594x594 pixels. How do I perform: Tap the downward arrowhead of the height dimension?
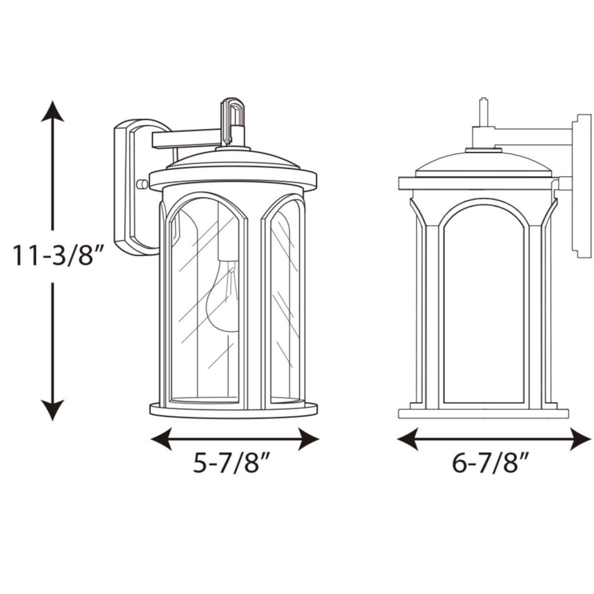click(53, 410)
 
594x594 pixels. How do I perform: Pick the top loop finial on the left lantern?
click(232, 113)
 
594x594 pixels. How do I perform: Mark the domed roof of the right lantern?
click(483, 164)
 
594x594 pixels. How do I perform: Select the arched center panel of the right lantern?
click(483, 308)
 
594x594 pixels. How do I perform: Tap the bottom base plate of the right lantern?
click(483, 413)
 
